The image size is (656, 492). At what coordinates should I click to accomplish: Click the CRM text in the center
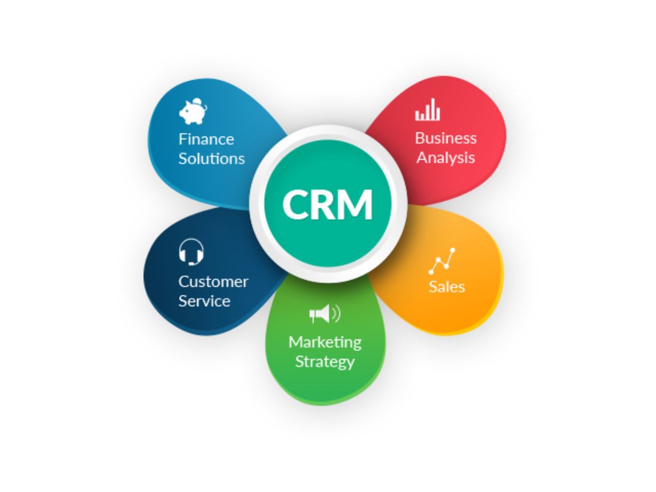[x=327, y=204]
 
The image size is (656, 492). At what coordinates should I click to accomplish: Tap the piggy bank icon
[x=193, y=111]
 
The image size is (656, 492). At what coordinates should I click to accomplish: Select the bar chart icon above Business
[x=427, y=109]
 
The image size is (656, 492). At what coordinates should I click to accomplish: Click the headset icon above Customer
[x=191, y=252]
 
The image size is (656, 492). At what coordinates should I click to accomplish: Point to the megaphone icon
[x=325, y=313]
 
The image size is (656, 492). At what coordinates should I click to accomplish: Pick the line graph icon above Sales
[x=442, y=261]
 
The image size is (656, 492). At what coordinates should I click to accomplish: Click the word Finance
[x=207, y=139]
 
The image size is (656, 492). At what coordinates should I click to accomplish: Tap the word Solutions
[x=212, y=159]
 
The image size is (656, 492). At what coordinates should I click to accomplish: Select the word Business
[x=446, y=138]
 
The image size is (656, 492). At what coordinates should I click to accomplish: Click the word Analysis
[x=446, y=158]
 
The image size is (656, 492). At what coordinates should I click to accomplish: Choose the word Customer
[x=213, y=282]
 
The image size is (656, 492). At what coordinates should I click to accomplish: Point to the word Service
[x=205, y=301]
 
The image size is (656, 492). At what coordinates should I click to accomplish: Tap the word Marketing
[x=325, y=342]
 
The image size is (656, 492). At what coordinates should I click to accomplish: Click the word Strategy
[x=325, y=361]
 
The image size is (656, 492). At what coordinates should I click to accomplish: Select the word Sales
[x=447, y=287]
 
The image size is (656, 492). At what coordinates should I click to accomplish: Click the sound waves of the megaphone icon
[x=337, y=313]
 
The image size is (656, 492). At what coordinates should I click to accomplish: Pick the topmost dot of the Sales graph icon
[x=453, y=250]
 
